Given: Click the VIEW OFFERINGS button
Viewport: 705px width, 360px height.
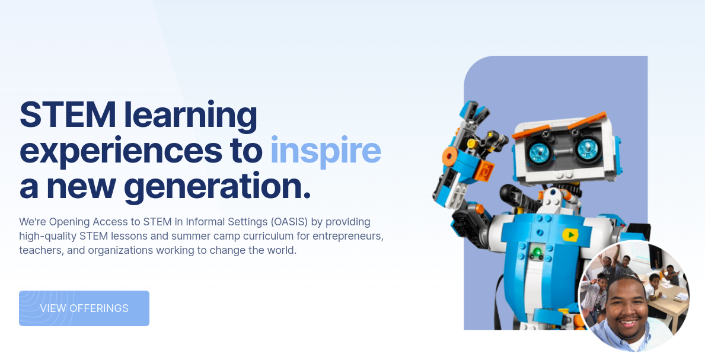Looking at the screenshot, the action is pyautogui.click(x=84, y=308).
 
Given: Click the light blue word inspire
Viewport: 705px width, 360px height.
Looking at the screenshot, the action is pyautogui.click(x=326, y=151).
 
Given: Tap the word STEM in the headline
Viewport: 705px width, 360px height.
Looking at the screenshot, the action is pyautogui.click(x=68, y=114).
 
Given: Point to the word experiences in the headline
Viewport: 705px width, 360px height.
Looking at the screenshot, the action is pyautogui.click(x=121, y=151).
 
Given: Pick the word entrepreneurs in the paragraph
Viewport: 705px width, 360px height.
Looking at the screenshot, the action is pyautogui.click(x=348, y=236).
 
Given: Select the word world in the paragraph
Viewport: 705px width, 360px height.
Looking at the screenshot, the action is pyautogui.click(x=282, y=250).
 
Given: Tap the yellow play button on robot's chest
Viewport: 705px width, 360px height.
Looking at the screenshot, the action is pyautogui.click(x=570, y=234).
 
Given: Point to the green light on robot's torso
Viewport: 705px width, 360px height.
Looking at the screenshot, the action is pyautogui.click(x=536, y=251).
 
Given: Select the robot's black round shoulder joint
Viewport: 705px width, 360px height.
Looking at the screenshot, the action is pyautogui.click(x=509, y=195).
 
